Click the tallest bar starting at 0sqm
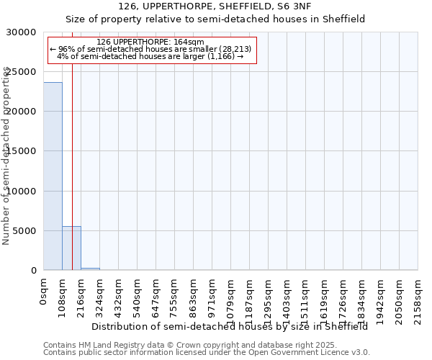click(x=53, y=176)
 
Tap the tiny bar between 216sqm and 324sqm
click(x=90, y=269)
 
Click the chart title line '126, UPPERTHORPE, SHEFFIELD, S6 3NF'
click(x=216, y=6)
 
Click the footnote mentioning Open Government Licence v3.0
click(x=207, y=352)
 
